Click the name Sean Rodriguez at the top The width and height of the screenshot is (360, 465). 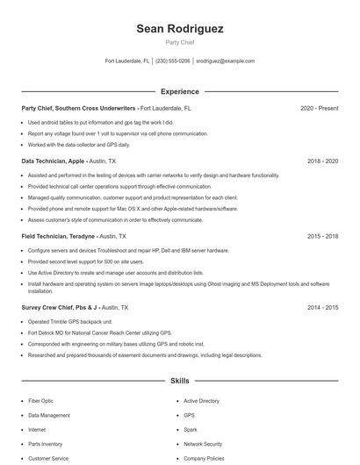[180, 29]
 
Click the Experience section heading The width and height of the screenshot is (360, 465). [180, 91]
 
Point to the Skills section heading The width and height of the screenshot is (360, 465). [180, 382]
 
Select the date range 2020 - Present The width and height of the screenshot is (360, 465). [319, 109]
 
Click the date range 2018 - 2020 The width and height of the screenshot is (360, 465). [320, 162]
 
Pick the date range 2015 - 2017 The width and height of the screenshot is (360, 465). [320, 237]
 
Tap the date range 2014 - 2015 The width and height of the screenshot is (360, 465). [320, 308]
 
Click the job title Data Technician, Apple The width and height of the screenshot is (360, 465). [54, 162]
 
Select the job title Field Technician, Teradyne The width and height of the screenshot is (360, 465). [58, 237]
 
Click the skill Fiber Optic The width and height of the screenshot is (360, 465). [40, 401]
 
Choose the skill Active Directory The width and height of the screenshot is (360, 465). [201, 401]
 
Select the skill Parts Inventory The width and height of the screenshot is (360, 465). [45, 444]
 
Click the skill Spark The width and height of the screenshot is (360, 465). [190, 430]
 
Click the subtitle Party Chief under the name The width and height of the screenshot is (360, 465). [180, 42]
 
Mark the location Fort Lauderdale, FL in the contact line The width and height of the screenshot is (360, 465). [127, 61]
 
